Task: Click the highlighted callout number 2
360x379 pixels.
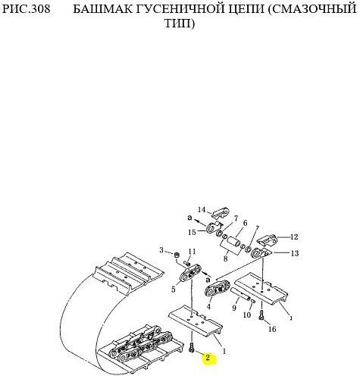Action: [x=208, y=358]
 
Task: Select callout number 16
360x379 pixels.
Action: [x=272, y=329]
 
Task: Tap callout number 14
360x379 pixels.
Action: [x=202, y=210]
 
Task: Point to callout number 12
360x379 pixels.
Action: [x=294, y=237]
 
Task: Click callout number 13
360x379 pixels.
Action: [x=295, y=253]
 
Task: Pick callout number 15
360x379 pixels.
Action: [x=192, y=232]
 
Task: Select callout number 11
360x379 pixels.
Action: [x=192, y=252]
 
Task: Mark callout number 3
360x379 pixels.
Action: [x=161, y=250]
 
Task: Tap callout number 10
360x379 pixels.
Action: [x=247, y=315]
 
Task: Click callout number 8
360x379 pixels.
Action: [x=225, y=258]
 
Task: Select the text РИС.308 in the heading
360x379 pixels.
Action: [x=27, y=9]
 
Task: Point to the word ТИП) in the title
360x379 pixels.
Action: [x=180, y=23]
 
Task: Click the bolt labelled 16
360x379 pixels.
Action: [x=261, y=315]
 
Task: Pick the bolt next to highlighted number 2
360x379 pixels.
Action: [x=192, y=347]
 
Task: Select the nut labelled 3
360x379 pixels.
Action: [x=177, y=255]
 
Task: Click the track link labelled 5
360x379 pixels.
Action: [x=190, y=273]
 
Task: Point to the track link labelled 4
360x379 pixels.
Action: [x=217, y=289]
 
